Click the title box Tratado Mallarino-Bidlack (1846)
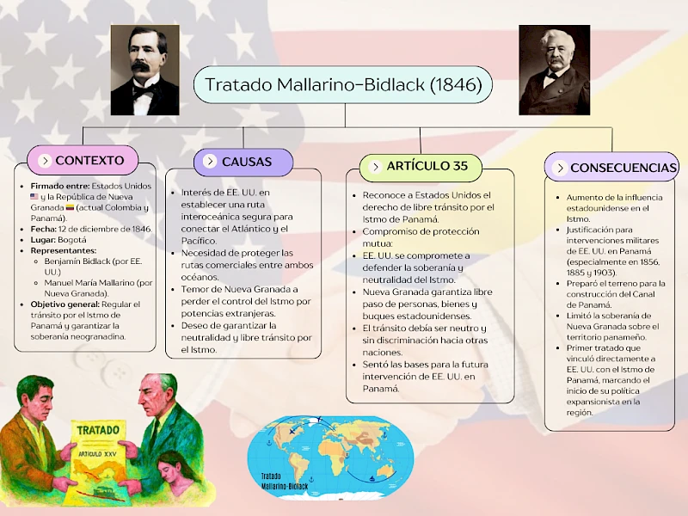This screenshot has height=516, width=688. point(343,85)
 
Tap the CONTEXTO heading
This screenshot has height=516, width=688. point(89,161)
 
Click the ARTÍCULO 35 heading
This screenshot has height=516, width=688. point(427,166)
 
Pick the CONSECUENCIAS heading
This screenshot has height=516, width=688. point(623,168)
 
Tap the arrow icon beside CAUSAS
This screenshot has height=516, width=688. point(209,162)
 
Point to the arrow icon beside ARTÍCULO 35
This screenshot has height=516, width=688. point(375,167)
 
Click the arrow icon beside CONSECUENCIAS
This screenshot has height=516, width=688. point(560,168)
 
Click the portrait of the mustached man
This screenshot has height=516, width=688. point(144,70)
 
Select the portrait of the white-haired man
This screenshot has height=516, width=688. point(554,70)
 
